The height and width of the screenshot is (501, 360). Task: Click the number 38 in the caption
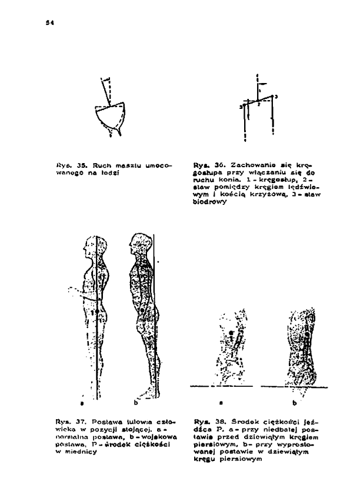point(211,421)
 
